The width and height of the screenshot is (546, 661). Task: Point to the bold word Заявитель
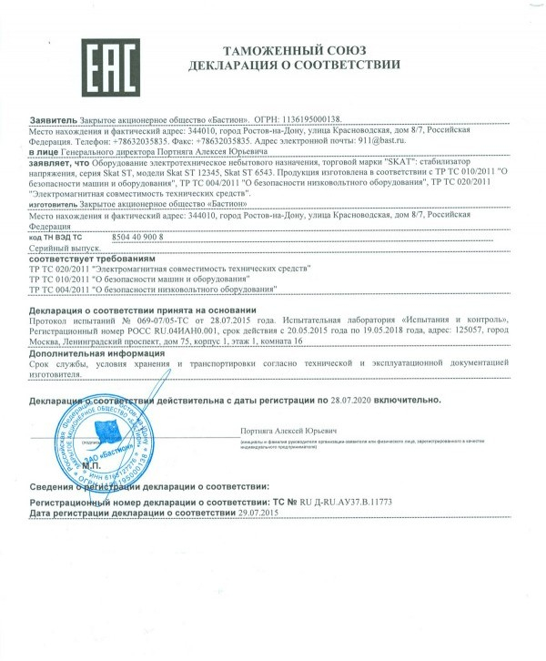click(x=54, y=119)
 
